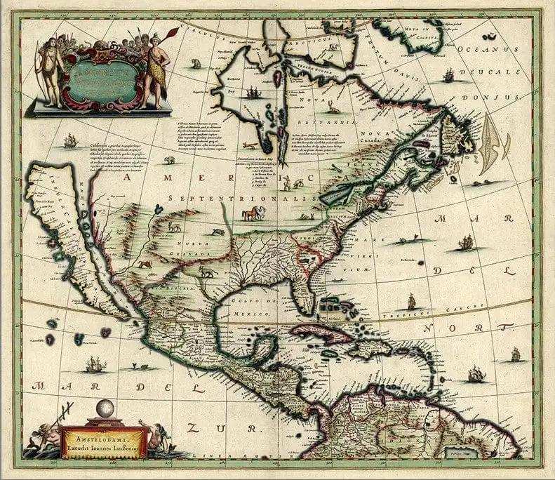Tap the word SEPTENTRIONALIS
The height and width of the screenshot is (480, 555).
click(225, 199)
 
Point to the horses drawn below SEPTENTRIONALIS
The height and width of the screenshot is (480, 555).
click(248, 213)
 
